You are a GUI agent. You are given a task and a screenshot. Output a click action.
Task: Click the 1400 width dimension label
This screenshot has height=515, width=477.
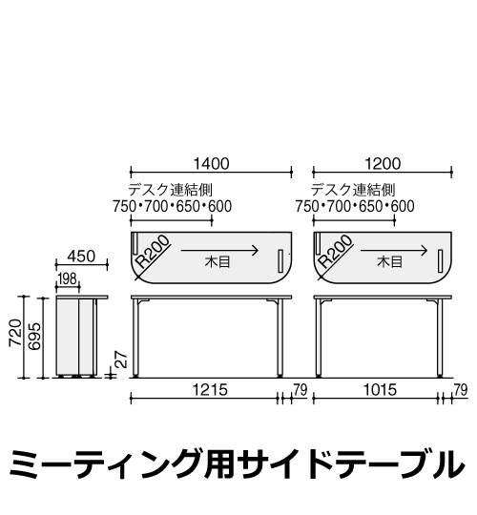coord(211,164)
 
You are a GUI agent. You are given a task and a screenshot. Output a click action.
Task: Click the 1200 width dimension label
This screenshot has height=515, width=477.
coord(383,164)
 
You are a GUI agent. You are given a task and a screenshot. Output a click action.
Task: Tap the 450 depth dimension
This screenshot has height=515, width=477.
coord(81,257)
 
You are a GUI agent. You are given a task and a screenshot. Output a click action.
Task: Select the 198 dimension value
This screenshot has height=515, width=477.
coord(67,278)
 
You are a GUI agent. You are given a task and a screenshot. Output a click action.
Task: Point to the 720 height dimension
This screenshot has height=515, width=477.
coord(16,332)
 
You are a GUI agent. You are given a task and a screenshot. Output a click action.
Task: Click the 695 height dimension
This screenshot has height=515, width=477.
coord(35,336)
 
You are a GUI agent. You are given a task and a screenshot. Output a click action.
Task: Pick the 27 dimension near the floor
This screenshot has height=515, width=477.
coord(121,360)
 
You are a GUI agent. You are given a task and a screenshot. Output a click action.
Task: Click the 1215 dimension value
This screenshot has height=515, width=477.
coord(210,390)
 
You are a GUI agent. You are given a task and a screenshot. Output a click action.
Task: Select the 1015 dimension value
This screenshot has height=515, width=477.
coord(380,390)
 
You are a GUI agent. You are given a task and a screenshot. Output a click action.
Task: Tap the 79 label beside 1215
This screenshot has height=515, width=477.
coord(300,390)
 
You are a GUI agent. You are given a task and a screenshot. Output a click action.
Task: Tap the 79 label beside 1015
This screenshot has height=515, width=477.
coord(460,390)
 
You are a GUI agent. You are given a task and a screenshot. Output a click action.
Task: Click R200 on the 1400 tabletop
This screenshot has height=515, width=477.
coord(153,252)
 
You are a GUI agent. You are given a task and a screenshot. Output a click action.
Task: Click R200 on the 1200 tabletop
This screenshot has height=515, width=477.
coord(336,252)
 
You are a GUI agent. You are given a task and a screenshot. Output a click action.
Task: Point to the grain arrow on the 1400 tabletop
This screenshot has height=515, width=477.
coord(219,251)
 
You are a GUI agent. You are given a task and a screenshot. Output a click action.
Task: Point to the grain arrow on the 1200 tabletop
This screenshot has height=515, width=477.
coord(394,251)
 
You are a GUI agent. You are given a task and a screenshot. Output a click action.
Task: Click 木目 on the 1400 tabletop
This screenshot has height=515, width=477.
coord(218,262)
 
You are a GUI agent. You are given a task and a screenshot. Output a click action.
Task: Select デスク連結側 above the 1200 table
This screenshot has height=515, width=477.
coord(353,190)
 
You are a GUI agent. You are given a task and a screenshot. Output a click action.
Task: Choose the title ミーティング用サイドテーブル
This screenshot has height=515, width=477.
coord(237,464)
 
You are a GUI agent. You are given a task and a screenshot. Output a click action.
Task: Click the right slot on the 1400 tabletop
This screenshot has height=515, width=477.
coord(280,260)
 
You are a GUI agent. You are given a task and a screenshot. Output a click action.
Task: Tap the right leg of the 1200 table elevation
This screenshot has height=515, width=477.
coord(440,338)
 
